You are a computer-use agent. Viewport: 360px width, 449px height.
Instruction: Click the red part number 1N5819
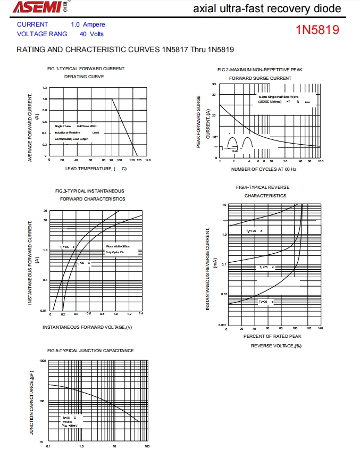(317, 30)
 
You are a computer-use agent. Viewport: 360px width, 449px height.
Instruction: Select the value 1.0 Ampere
(88, 24)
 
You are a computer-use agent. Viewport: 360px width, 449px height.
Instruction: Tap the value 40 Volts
(91, 34)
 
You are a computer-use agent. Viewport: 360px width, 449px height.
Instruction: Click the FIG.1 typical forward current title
(86, 69)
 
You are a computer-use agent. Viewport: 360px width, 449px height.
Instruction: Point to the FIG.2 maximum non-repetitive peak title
(260, 70)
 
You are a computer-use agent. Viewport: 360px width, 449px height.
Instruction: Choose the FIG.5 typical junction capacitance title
(90, 351)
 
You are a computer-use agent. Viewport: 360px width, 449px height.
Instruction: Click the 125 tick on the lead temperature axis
(132, 160)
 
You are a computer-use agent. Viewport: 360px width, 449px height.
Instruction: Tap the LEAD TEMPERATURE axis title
(96, 169)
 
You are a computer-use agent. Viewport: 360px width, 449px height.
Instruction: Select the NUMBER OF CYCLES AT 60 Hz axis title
(264, 169)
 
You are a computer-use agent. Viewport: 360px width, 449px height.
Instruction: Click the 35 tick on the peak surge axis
(214, 84)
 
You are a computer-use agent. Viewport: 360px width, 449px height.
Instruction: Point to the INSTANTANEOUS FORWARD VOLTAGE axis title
(87, 327)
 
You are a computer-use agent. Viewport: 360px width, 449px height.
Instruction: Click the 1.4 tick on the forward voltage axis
(141, 314)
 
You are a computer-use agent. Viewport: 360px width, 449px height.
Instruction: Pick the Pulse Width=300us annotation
(118, 246)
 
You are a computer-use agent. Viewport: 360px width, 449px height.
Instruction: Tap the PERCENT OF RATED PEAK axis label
(272, 336)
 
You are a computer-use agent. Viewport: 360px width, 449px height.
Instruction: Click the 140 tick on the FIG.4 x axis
(320, 329)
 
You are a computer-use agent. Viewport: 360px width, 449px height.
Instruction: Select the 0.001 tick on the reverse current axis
(221, 325)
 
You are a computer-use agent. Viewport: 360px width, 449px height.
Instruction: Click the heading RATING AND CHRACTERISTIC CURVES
(125, 49)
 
